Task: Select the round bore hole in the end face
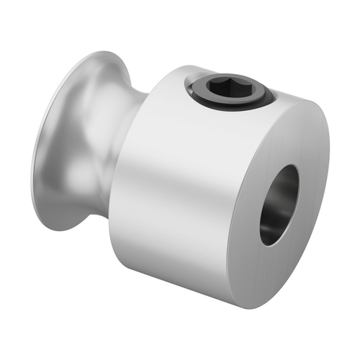(279, 204)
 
